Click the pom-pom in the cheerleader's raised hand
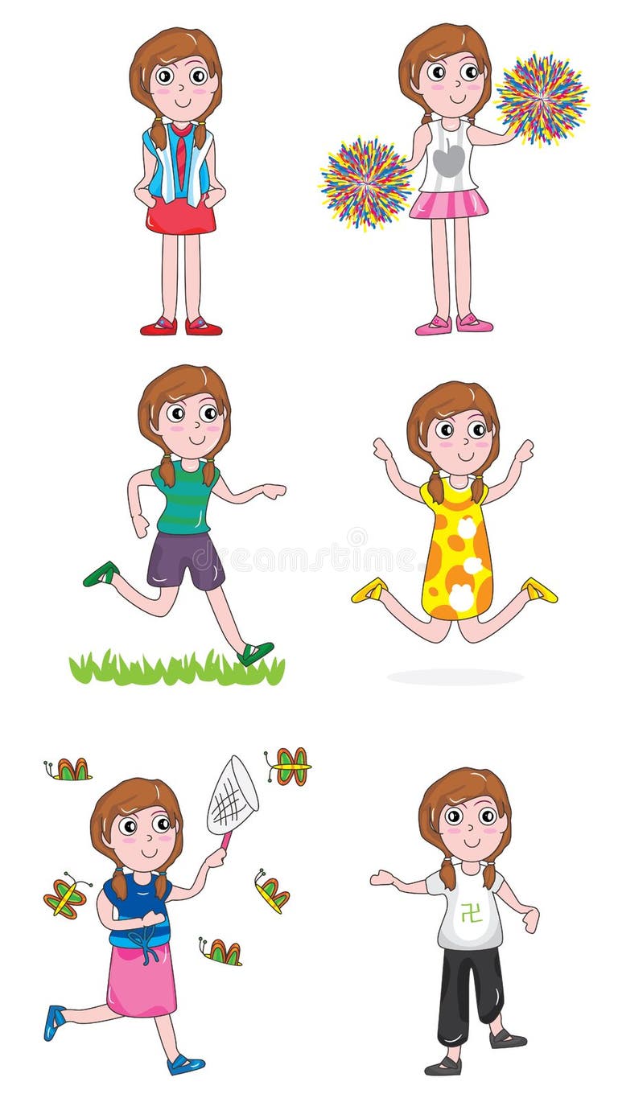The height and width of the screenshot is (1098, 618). click(x=541, y=98)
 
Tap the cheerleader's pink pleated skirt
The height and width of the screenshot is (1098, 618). click(x=448, y=204)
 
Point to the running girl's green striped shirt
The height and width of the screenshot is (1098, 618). click(x=185, y=498)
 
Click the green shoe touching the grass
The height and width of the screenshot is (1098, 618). click(x=255, y=652)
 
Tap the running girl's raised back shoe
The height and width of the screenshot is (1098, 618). click(x=101, y=574)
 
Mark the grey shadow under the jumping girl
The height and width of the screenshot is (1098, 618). click(x=455, y=677)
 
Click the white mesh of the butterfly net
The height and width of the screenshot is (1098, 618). click(x=233, y=797)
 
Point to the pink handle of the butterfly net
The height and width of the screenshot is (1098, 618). click(x=225, y=841)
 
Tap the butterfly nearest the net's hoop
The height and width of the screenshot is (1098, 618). click(x=289, y=765)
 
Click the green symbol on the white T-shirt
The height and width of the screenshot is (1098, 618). click(x=471, y=912)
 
